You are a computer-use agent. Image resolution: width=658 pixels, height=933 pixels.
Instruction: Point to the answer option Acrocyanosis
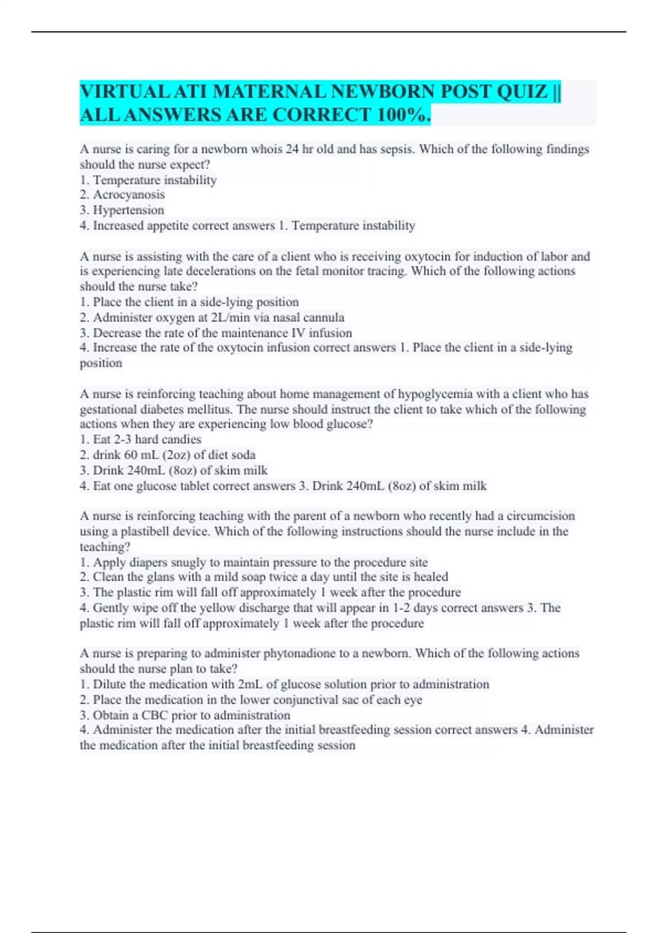coord(129,195)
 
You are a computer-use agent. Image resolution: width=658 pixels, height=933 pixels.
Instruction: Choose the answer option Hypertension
coord(128,210)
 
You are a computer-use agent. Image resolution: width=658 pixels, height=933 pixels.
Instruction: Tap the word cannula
coord(326,317)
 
